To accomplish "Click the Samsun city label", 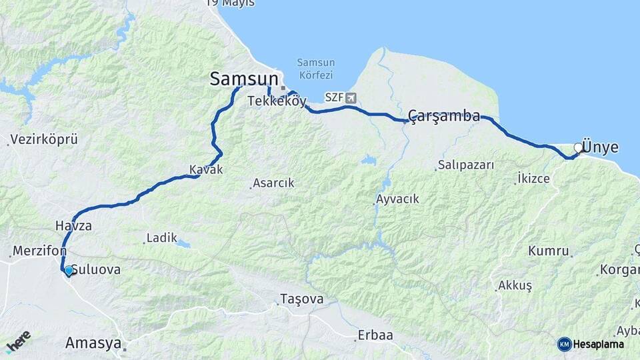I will pyautogui.click(x=243, y=79).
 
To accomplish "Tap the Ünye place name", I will pyautogui.click(x=600, y=147).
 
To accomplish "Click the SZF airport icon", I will pyautogui.click(x=351, y=98).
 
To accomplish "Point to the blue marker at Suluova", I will pyautogui.click(x=68, y=270).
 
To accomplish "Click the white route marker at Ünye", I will pyautogui.click(x=578, y=148).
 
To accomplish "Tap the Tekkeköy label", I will pyautogui.click(x=277, y=101).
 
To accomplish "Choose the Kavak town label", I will pyautogui.click(x=206, y=170).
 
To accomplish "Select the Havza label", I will pyautogui.click(x=73, y=226).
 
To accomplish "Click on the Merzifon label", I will pyautogui.click(x=39, y=251).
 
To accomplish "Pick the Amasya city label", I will pyautogui.click(x=93, y=343).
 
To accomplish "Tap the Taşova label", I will pyautogui.click(x=302, y=299).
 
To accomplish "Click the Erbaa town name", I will pyautogui.click(x=375, y=335).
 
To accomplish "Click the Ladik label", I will pyautogui.click(x=162, y=237).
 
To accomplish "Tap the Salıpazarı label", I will pyautogui.click(x=467, y=165).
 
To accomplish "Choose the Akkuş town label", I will pyautogui.click(x=515, y=285).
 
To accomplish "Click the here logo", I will pyautogui.click(x=18, y=341).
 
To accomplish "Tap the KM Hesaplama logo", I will pyautogui.click(x=591, y=344).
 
